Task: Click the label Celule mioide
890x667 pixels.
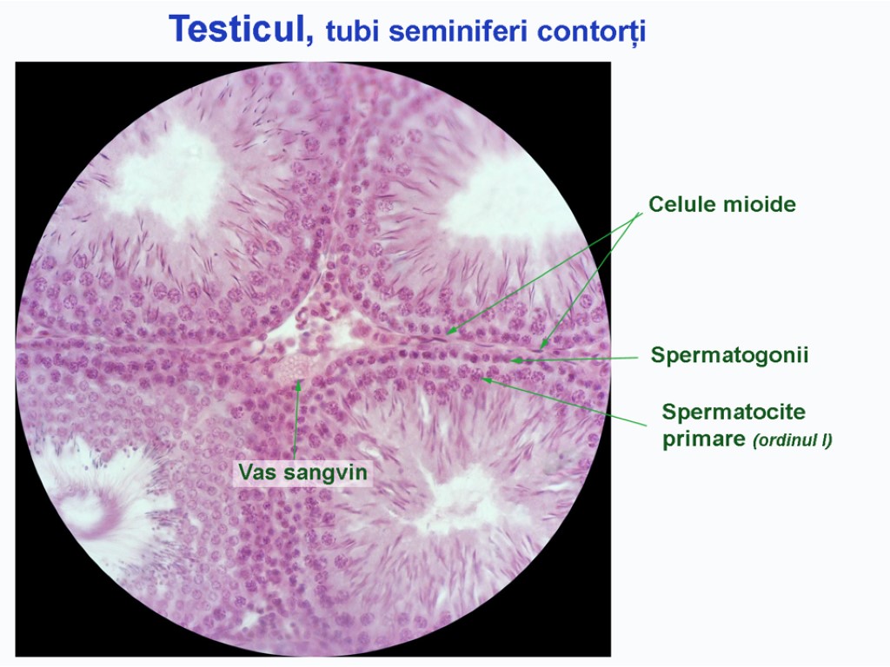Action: pyautogui.click(x=721, y=205)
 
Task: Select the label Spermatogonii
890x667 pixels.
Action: pyautogui.click(x=729, y=355)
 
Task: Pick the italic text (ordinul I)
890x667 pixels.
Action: pyautogui.click(x=792, y=440)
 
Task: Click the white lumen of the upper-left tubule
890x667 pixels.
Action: pyautogui.click(x=169, y=174)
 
